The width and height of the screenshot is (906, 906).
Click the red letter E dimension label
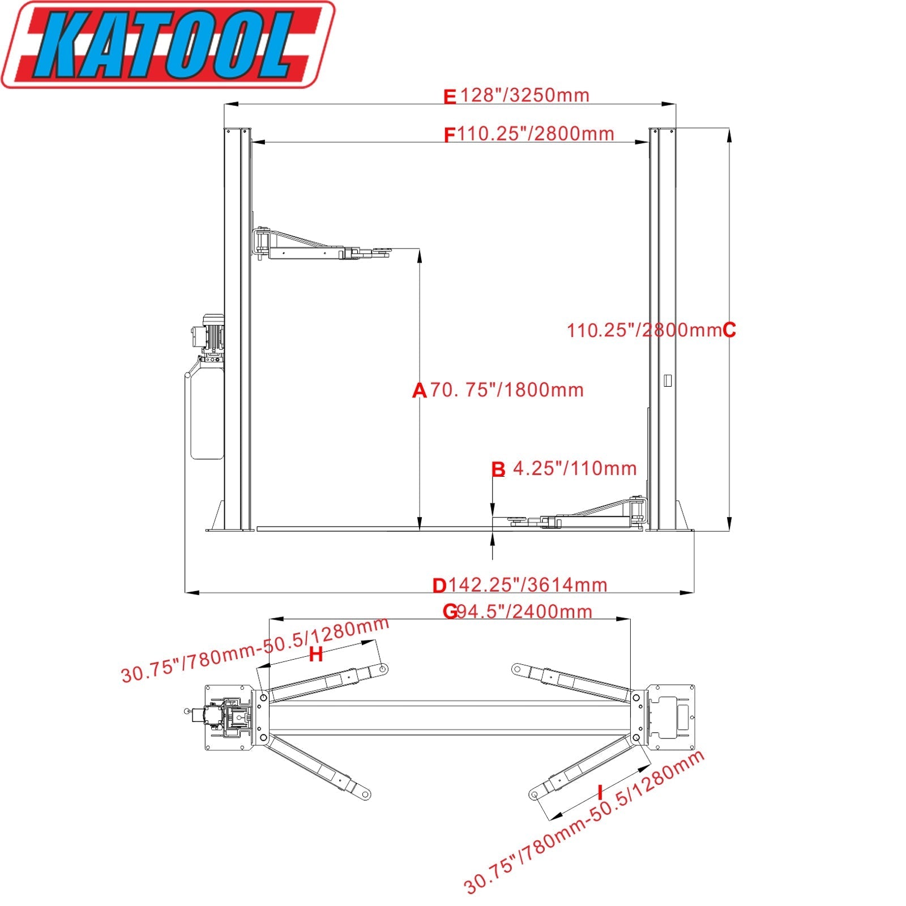point(449,97)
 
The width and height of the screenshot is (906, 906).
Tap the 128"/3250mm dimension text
point(524,95)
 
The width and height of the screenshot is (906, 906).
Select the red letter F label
point(450,135)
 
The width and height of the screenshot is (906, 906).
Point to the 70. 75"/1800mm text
point(507,390)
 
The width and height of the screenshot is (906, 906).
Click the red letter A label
point(419,391)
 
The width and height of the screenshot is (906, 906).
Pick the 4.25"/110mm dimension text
point(574,468)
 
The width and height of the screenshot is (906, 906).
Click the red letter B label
point(498,469)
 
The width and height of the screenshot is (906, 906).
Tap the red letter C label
point(729,330)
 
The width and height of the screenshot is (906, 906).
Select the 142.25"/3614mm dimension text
point(528,584)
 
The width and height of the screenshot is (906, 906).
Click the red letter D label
point(439,586)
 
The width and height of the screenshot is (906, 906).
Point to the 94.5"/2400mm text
point(524,612)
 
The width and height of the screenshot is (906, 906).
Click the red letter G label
point(450,612)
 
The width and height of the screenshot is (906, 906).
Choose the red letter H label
point(316,655)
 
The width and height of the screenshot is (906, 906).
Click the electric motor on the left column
point(210,334)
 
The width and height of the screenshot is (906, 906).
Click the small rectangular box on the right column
point(668,381)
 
